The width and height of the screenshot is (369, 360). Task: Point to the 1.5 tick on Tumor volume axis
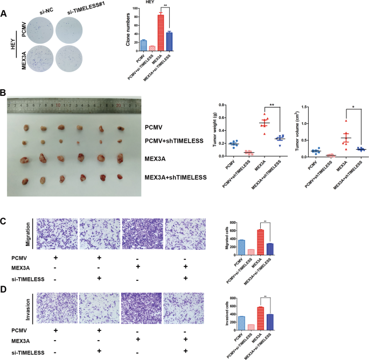(305, 107)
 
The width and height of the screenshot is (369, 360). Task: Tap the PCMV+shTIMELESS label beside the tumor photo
(173, 140)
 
